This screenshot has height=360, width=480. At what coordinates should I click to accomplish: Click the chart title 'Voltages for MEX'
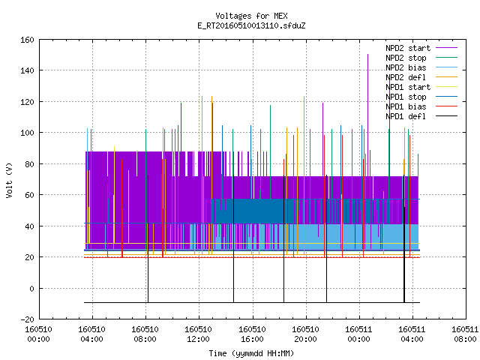pyautogui.click(x=251, y=16)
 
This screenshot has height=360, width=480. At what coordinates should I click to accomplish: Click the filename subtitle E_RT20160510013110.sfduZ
pyautogui.click(x=251, y=25)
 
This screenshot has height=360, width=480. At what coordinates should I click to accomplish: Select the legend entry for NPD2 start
pyautogui.click(x=408, y=48)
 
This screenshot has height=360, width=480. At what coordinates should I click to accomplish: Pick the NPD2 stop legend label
pyautogui.click(x=406, y=58)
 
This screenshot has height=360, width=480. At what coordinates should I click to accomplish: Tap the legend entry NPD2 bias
pyautogui.click(x=406, y=67)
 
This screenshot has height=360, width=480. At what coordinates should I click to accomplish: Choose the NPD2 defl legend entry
pyautogui.click(x=406, y=77)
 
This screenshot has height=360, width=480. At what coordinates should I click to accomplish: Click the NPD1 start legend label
pyautogui.click(x=408, y=87)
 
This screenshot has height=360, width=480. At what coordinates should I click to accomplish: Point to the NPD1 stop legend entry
pyautogui.click(x=406, y=97)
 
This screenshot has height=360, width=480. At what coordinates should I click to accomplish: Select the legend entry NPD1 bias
pyautogui.click(x=406, y=106)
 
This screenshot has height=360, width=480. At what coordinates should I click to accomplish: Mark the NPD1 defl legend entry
pyautogui.click(x=406, y=117)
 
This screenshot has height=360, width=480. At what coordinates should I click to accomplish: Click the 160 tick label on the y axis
pyautogui.click(x=27, y=40)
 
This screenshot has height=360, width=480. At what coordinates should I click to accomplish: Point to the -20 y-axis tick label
pyautogui.click(x=27, y=319)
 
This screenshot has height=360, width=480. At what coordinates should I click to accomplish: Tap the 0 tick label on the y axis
pyautogui.click(x=31, y=288)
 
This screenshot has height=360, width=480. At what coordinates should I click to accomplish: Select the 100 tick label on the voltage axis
pyautogui.click(x=27, y=133)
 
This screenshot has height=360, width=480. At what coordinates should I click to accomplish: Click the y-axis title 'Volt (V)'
pyautogui.click(x=9, y=181)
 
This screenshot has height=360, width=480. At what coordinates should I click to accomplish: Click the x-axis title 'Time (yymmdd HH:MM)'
pyautogui.click(x=251, y=353)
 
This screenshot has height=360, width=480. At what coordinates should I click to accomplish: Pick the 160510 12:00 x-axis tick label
pyautogui.click(x=198, y=334)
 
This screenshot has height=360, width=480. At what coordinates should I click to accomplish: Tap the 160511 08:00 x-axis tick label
pyautogui.click(x=465, y=334)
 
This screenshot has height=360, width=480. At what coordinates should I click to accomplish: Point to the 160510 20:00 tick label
pyautogui.click(x=305, y=334)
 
